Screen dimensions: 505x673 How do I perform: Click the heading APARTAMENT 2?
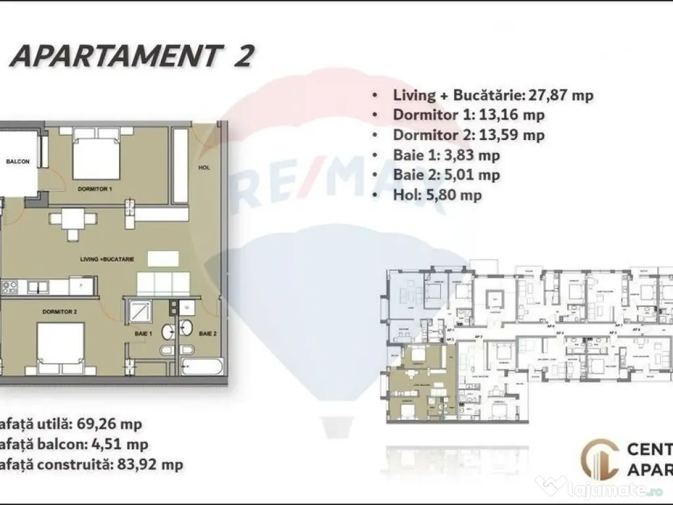point(131,57)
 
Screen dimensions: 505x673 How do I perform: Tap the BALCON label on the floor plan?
point(18,162)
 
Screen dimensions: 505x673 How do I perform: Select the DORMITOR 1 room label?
point(95,189)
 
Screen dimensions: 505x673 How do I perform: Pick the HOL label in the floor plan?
point(204,168)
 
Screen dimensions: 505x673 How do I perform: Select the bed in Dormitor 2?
point(60,349)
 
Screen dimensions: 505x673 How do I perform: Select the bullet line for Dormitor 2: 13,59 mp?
point(469,135)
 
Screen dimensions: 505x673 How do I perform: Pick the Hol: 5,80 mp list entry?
point(437,195)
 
